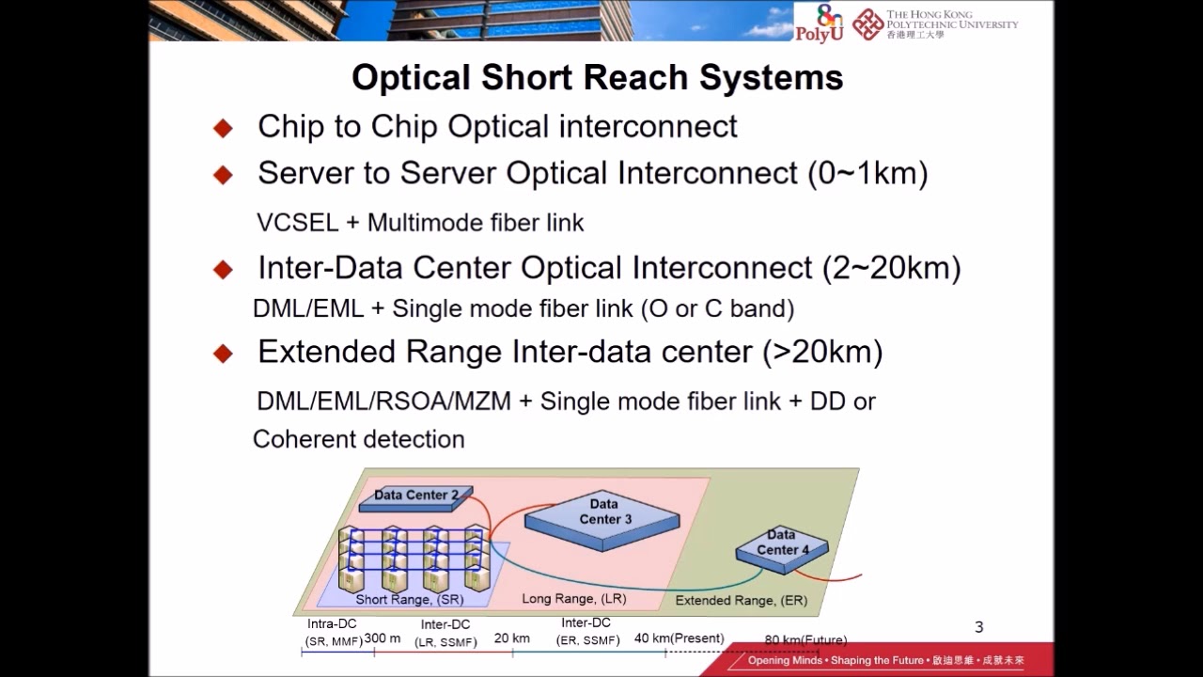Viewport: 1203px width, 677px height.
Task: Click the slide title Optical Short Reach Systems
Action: [597, 77]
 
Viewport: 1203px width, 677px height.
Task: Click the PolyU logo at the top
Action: [817, 24]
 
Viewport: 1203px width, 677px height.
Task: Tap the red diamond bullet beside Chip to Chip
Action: [223, 128]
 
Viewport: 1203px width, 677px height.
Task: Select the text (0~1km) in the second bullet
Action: [867, 173]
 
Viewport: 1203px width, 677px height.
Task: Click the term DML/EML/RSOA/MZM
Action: [383, 401]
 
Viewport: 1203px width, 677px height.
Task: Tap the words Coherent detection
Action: [358, 439]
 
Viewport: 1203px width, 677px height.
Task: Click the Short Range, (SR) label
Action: [409, 599]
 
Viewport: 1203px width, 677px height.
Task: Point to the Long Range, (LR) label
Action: [573, 598]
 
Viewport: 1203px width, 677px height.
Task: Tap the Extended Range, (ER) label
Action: [741, 600]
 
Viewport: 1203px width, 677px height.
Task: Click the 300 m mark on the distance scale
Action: [382, 638]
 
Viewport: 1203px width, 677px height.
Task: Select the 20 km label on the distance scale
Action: [512, 638]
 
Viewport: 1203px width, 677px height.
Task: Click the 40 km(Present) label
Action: [679, 638]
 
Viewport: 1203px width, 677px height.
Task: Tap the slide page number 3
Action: [978, 627]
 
